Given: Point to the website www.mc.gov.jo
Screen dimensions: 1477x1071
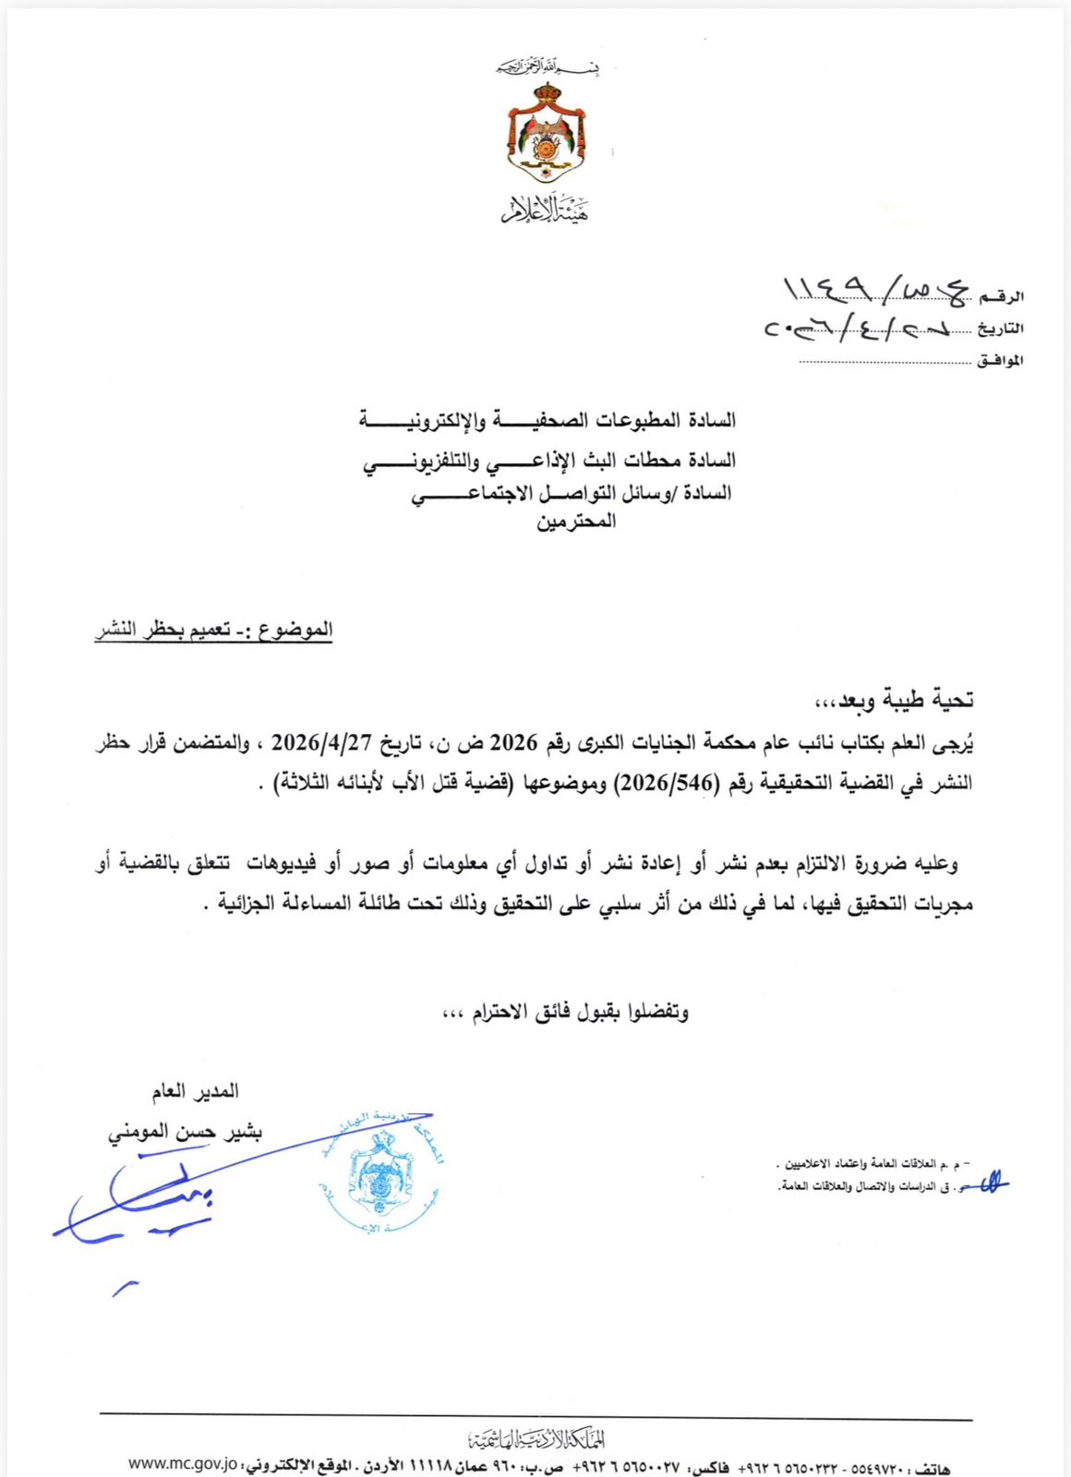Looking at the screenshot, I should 183,1464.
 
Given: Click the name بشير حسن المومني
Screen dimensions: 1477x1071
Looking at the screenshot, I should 185,1132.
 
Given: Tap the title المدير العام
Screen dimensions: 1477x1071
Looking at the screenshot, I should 195,1092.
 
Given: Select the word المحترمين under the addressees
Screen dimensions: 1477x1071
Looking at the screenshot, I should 575,522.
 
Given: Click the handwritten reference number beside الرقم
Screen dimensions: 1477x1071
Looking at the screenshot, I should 872,290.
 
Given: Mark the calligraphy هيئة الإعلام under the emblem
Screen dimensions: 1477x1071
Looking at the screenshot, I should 546,210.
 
